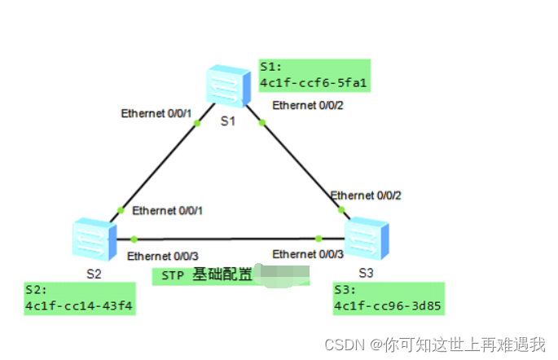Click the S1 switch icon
227,86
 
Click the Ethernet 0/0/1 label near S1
156,113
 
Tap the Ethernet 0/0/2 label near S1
308,105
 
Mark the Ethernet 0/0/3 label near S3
308,254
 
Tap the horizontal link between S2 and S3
228,239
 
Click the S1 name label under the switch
227,121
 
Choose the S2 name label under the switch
94,273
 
